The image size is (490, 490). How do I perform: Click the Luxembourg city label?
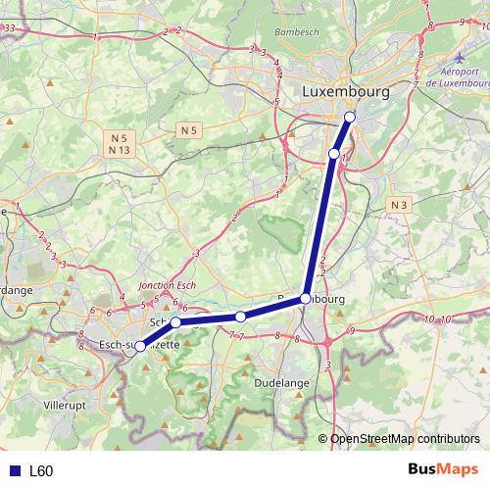click(x=346, y=91)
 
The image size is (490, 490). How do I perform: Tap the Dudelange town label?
click(x=280, y=383)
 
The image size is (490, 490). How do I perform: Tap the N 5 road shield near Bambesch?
click(x=189, y=129)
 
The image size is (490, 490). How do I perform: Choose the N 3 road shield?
click(x=397, y=204)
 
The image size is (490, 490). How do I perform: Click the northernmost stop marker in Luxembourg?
click(x=350, y=118)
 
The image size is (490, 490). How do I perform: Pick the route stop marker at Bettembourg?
click(x=306, y=298)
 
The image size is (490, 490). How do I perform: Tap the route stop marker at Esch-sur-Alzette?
click(x=140, y=346)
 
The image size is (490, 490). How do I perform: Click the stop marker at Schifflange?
click(x=175, y=322)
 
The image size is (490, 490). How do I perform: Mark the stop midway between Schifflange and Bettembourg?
click(x=240, y=317)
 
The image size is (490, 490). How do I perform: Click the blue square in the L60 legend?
click(x=13, y=471)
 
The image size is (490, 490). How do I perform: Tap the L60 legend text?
click(x=41, y=471)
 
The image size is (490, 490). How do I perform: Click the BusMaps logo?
click(x=442, y=470)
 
